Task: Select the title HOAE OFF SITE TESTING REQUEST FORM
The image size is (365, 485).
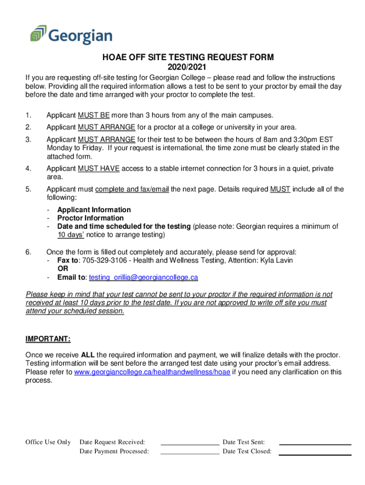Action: (188, 58)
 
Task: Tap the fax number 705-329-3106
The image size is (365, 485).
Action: (103, 260)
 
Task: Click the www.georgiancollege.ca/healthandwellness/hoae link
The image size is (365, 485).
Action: (152, 372)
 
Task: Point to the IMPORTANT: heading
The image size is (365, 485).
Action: (48, 339)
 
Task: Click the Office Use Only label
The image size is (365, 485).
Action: (48, 442)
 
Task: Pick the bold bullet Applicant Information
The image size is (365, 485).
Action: (94, 210)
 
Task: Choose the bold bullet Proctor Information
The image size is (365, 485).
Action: (91, 218)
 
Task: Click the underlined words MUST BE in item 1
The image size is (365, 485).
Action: (94, 115)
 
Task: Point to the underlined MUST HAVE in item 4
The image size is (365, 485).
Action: (99, 169)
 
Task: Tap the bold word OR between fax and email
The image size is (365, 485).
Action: (63, 269)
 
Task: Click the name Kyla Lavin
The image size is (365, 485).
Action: (277, 260)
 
